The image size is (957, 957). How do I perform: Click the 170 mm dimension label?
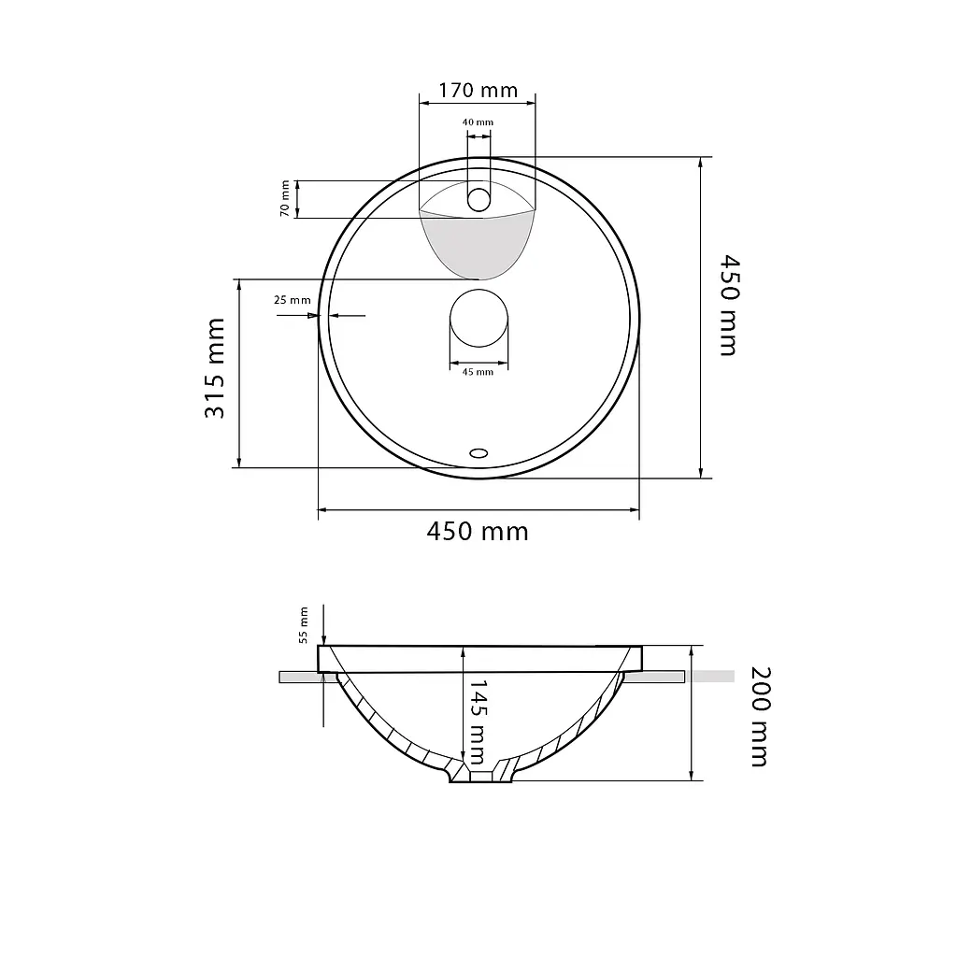[x=478, y=91]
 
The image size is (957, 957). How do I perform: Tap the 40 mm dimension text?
[x=478, y=122]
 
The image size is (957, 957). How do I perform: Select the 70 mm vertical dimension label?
[x=285, y=198]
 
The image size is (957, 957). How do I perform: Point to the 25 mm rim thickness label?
[x=293, y=300]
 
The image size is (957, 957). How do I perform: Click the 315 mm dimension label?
[x=215, y=368]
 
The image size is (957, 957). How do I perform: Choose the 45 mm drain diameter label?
[x=478, y=372]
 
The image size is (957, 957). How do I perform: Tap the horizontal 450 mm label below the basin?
[x=478, y=532]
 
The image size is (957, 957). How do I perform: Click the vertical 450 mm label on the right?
[x=729, y=306]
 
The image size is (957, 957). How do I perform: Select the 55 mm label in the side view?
[x=304, y=625]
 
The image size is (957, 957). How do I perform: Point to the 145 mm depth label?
[x=478, y=722]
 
